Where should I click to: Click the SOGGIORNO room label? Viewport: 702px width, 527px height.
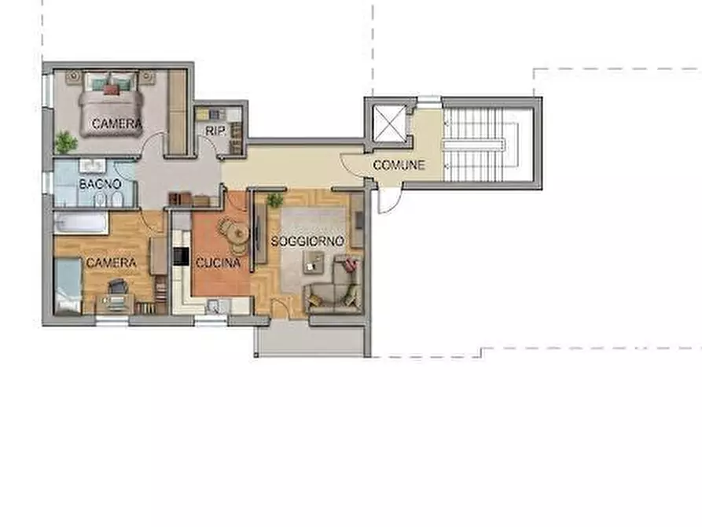coord(307,241)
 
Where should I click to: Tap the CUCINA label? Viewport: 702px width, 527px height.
coord(218,263)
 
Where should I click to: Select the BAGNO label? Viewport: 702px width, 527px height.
coord(100,184)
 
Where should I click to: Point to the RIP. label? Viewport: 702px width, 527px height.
coord(215,131)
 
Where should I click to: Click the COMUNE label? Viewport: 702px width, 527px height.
coord(399,165)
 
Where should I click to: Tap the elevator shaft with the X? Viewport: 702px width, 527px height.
coord(389,123)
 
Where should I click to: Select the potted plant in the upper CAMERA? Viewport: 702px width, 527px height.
coord(65,142)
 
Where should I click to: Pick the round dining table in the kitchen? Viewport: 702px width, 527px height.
coord(237,233)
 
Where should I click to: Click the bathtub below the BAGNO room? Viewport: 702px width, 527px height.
coord(81,223)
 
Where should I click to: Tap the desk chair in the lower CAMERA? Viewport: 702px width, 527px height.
coord(117,286)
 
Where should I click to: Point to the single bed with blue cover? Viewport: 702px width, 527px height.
coord(68,286)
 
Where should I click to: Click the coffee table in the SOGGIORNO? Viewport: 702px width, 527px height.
coord(314,262)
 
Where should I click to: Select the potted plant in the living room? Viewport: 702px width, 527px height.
coord(275,200)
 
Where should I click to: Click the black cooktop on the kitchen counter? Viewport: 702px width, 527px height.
coord(181,256)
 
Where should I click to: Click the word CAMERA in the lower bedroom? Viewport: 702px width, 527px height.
coord(111,262)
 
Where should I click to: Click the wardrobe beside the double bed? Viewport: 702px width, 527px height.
coord(178,112)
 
